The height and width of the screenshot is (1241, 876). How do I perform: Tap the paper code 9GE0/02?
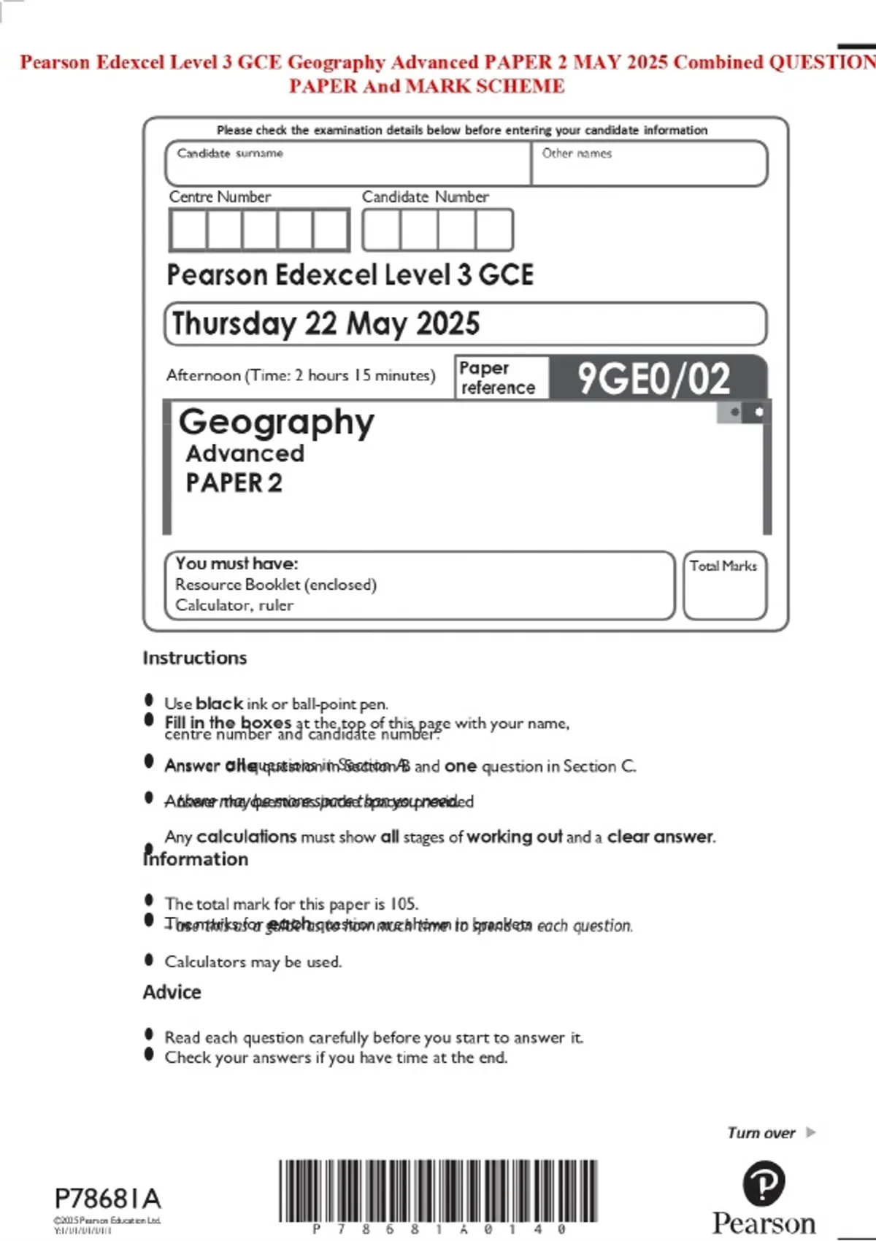(654, 378)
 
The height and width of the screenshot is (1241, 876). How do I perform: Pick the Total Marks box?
(724, 586)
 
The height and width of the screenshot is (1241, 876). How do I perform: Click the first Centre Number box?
(188, 230)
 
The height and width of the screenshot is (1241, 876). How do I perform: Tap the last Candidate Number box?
(494, 230)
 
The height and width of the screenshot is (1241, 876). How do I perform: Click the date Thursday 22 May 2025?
(326, 323)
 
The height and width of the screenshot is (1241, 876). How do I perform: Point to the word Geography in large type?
(277, 422)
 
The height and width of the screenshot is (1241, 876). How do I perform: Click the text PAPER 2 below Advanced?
(234, 483)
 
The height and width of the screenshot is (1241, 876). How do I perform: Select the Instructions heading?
(195, 658)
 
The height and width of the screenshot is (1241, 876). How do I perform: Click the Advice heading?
(172, 992)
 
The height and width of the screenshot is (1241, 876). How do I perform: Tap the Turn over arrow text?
(771, 1133)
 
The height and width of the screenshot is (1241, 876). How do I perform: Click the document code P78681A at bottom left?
(107, 1198)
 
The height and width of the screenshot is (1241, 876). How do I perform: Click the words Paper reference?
(498, 377)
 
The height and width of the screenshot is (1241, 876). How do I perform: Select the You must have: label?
(237, 564)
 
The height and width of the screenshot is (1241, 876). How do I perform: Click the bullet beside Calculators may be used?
(150, 960)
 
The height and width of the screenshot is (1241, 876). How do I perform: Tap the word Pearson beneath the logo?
(764, 1223)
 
